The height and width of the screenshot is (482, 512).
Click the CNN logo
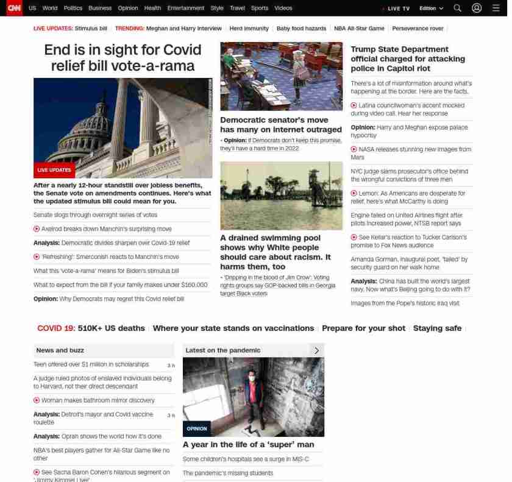(x=13, y=8)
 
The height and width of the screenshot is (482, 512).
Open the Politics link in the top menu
(x=73, y=8)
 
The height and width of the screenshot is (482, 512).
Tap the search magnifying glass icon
(x=457, y=8)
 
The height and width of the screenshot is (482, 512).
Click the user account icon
(x=477, y=8)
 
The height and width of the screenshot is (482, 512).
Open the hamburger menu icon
(x=496, y=8)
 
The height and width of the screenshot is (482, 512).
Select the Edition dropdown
(x=431, y=9)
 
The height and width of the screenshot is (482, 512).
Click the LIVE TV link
(x=398, y=9)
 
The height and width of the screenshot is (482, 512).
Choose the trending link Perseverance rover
(x=418, y=29)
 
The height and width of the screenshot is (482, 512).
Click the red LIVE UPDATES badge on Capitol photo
(x=54, y=170)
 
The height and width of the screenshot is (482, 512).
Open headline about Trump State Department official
(x=407, y=58)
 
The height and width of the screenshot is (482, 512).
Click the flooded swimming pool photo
(x=281, y=196)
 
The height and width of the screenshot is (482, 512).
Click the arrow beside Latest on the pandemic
(x=316, y=350)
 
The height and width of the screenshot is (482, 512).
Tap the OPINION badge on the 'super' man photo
(x=196, y=428)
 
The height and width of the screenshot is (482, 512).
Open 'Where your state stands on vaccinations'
(x=233, y=328)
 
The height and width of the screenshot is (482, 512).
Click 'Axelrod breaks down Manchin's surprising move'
(x=106, y=229)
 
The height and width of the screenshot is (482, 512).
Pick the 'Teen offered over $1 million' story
(x=91, y=364)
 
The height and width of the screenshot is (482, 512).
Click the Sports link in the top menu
(x=259, y=8)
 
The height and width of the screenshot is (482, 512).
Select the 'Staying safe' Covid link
(x=437, y=328)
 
